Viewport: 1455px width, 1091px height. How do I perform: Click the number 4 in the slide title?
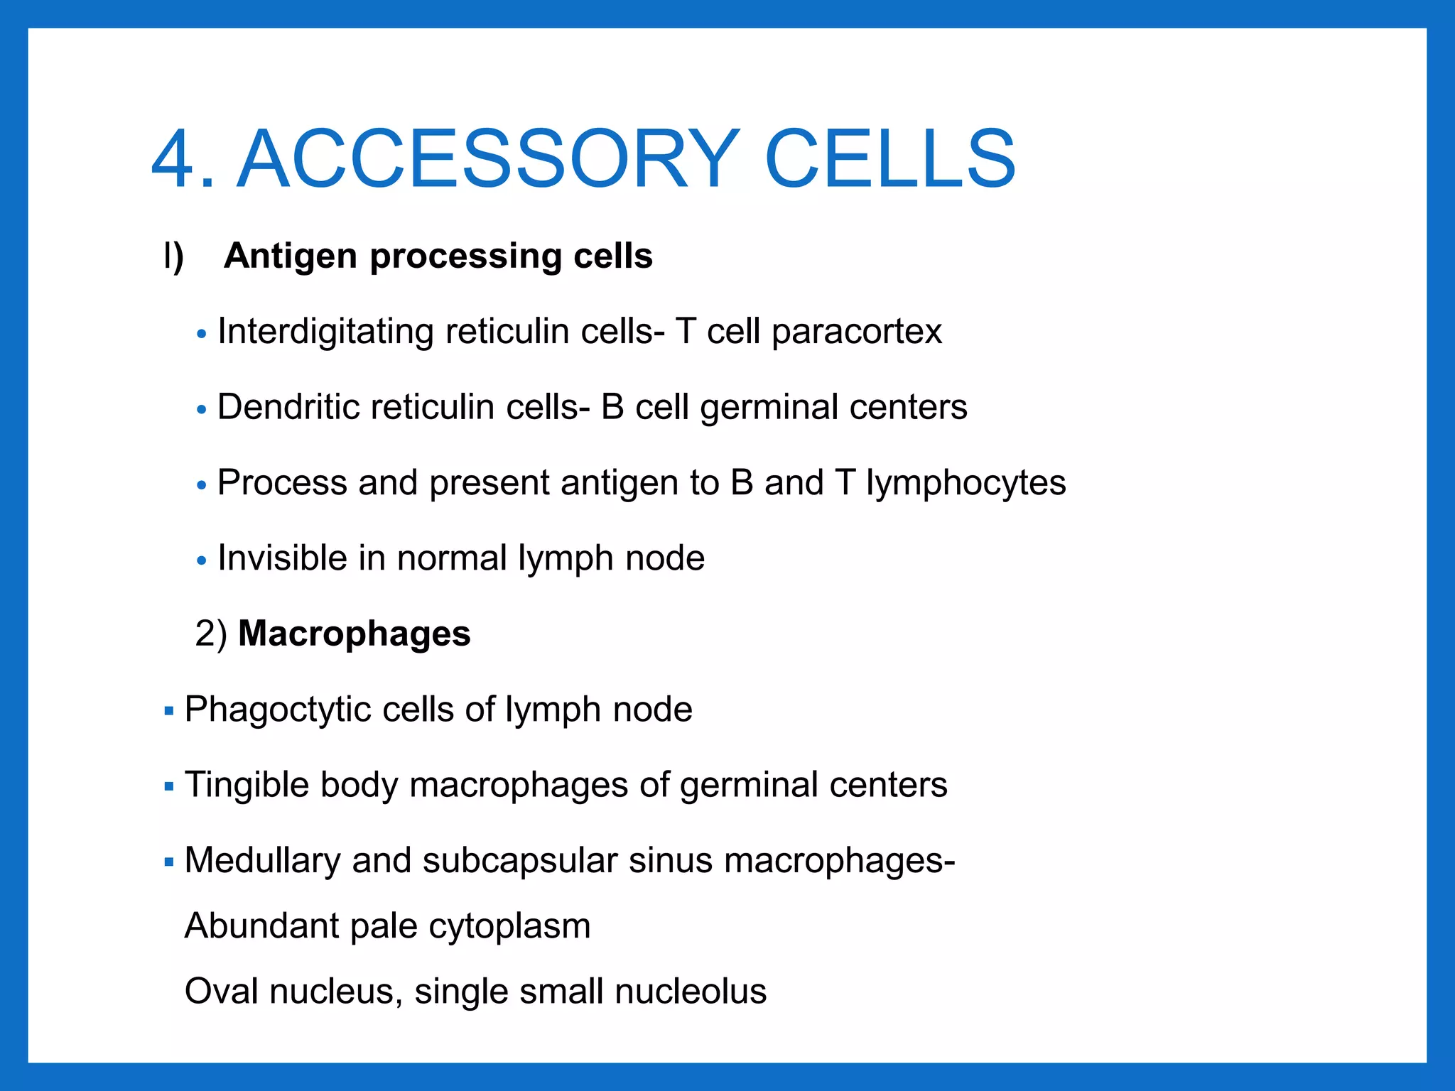point(174,161)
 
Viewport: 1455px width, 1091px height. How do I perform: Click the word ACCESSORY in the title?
point(487,161)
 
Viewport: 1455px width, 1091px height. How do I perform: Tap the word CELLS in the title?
point(889,161)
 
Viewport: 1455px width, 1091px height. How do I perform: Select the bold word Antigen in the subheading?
point(290,256)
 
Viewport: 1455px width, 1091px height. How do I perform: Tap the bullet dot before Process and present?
point(202,485)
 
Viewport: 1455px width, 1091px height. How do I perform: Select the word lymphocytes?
point(966,484)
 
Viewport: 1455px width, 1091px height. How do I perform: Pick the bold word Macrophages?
point(354,634)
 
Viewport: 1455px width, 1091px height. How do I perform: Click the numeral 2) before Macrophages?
point(211,634)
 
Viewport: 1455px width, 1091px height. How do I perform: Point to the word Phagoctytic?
point(277,710)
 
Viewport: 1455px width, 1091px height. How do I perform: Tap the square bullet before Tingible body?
point(169,786)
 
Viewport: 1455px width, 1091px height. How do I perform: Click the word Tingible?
point(246,786)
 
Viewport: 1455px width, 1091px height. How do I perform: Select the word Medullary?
point(262,862)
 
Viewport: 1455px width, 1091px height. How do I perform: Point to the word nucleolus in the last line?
point(691,992)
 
